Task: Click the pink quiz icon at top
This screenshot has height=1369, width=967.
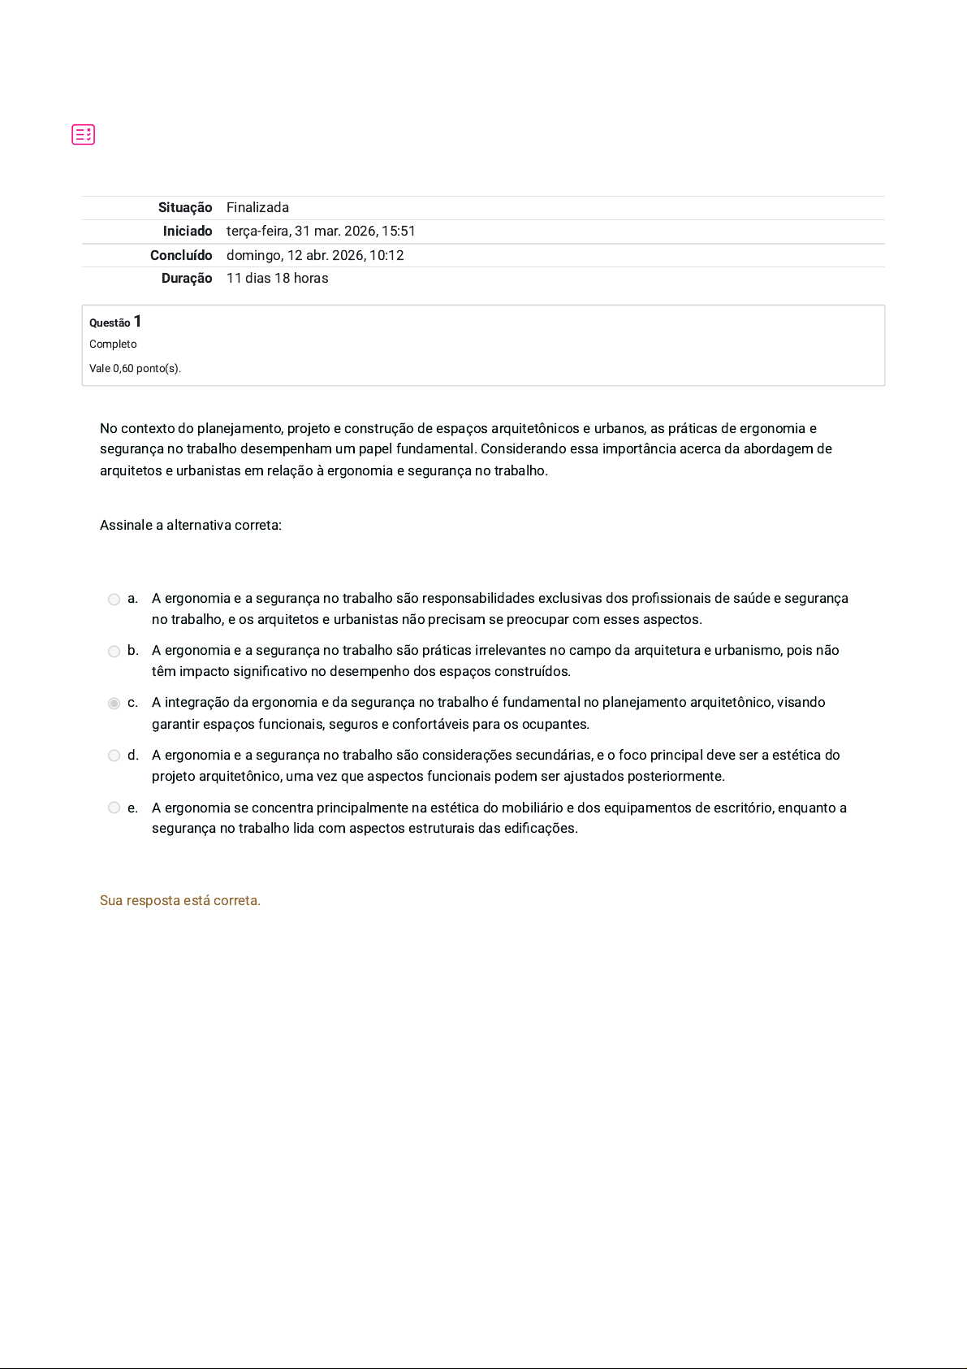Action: (83, 134)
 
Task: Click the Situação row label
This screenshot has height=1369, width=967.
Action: (185, 208)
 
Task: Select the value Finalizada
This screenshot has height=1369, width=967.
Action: (257, 208)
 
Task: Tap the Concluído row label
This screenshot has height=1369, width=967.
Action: (181, 255)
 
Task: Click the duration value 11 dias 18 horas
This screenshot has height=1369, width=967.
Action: (277, 279)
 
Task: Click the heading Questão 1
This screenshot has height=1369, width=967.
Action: (115, 322)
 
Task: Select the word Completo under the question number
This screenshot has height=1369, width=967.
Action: (113, 344)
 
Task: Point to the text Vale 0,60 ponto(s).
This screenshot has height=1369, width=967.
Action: (135, 369)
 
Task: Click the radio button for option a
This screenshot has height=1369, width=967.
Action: (114, 600)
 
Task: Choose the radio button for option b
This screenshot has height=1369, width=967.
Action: (114, 652)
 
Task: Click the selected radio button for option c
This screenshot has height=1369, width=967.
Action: (114, 704)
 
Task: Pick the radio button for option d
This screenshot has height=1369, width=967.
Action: (114, 756)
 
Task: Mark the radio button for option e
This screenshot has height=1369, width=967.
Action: (114, 808)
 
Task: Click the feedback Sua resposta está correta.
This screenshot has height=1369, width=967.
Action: (180, 900)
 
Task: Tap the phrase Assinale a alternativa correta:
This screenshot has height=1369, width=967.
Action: (191, 526)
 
